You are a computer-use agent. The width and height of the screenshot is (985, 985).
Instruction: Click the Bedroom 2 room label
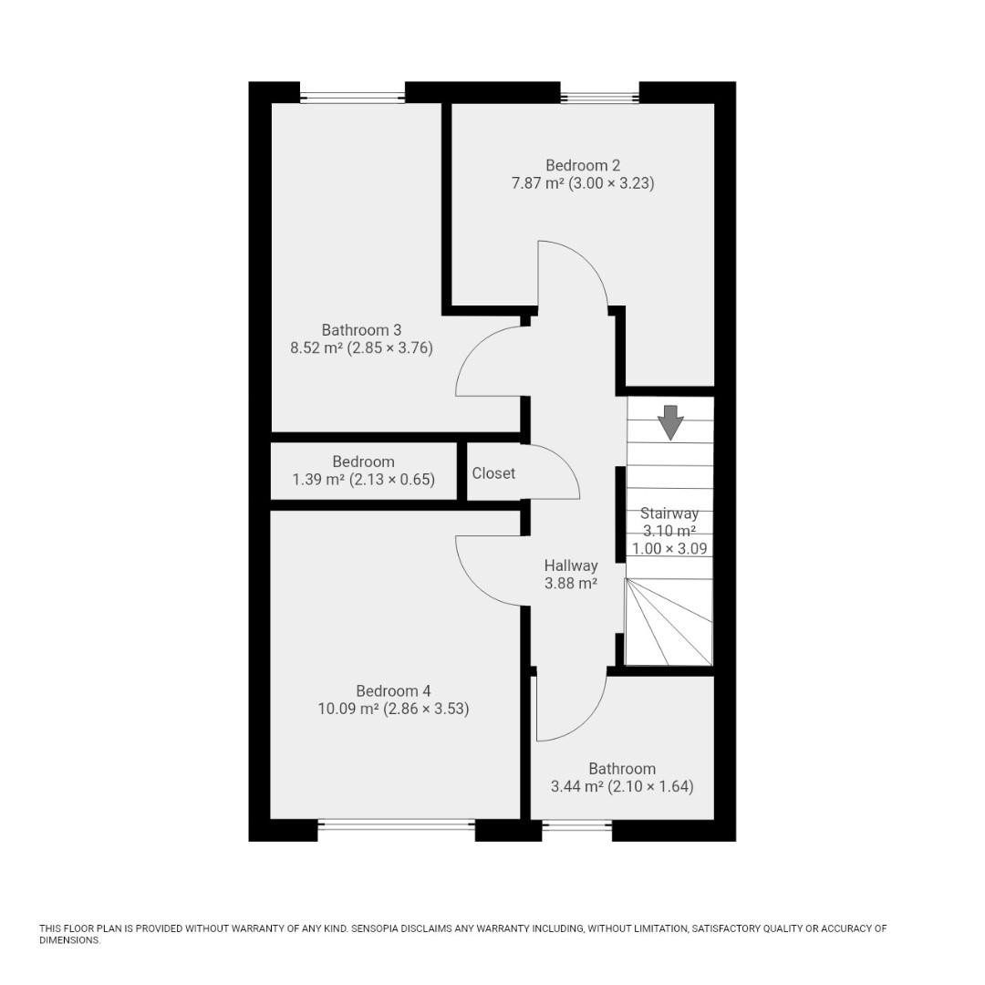pos(583,165)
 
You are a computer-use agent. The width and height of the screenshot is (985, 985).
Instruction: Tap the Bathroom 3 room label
pos(361,329)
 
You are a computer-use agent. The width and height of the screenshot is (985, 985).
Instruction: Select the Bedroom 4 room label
pos(393,690)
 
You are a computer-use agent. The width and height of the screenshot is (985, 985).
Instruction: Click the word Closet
pos(493,473)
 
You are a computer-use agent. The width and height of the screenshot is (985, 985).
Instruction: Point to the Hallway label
pos(571,565)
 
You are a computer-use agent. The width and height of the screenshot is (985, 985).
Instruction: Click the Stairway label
pos(669,513)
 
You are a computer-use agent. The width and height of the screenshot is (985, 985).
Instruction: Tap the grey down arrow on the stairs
pos(671,422)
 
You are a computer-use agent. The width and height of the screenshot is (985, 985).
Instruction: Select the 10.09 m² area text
pos(347,709)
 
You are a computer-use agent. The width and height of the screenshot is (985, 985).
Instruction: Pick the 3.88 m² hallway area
pos(571,584)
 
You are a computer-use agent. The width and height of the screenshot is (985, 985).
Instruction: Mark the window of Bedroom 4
pos(397,825)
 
